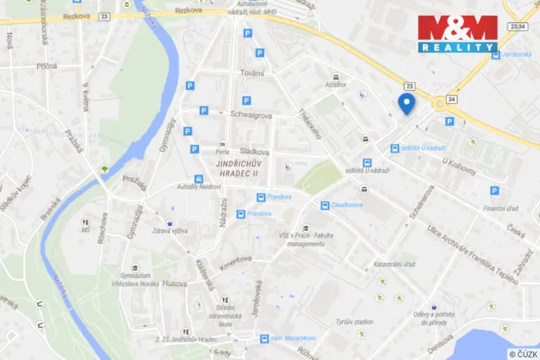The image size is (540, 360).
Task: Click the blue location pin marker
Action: click(406, 103)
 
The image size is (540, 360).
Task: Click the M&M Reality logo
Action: click(458, 34)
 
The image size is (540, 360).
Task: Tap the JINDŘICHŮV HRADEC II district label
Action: click(238, 168)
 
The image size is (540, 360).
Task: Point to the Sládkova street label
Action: click(253, 152)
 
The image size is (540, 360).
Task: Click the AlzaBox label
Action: click(336, 85)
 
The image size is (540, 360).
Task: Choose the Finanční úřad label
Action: click(499, 208)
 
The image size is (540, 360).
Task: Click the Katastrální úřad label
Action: click(395, 265)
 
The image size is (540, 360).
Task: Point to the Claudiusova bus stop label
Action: click(347, 205)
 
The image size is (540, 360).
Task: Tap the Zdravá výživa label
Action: click(171, 230)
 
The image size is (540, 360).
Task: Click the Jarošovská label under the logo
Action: click(516, 55)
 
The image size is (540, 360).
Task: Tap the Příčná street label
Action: click(46, 66)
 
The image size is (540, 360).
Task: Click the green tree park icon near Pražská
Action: click(103, 169)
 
